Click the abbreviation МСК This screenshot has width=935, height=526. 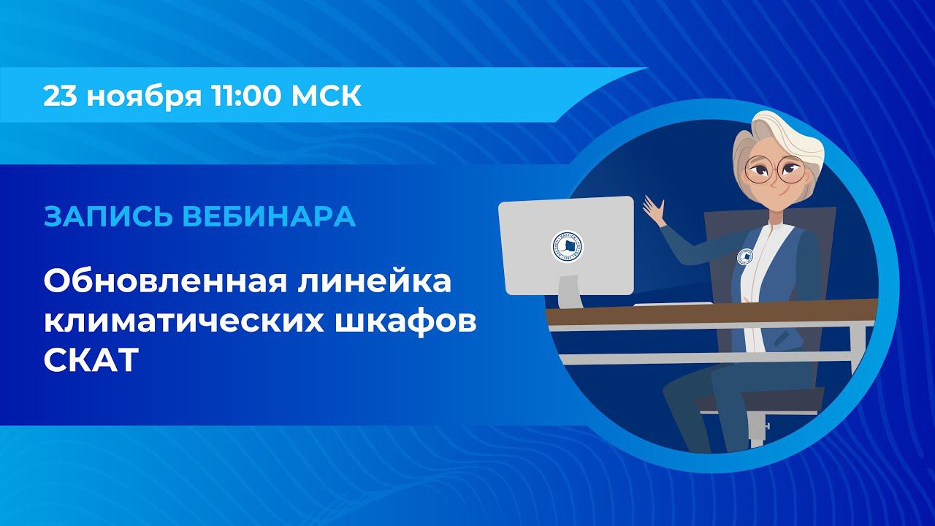326,96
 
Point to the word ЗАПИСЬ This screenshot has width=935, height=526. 95,216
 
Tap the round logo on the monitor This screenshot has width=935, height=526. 567,246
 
